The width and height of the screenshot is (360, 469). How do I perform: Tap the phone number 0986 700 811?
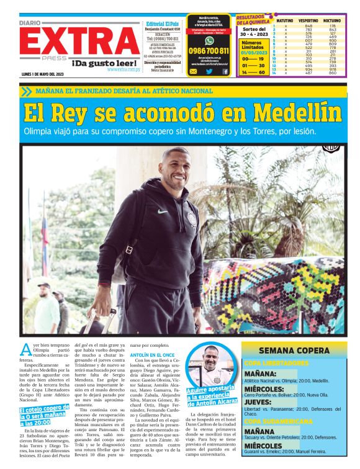(x=209, y=51)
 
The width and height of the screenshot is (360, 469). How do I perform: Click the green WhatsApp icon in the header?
(x=209, y=40)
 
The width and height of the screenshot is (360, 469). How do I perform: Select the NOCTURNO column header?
(x=331, y=20)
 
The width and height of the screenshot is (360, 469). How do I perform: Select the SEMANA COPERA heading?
(x=294, y=350)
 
